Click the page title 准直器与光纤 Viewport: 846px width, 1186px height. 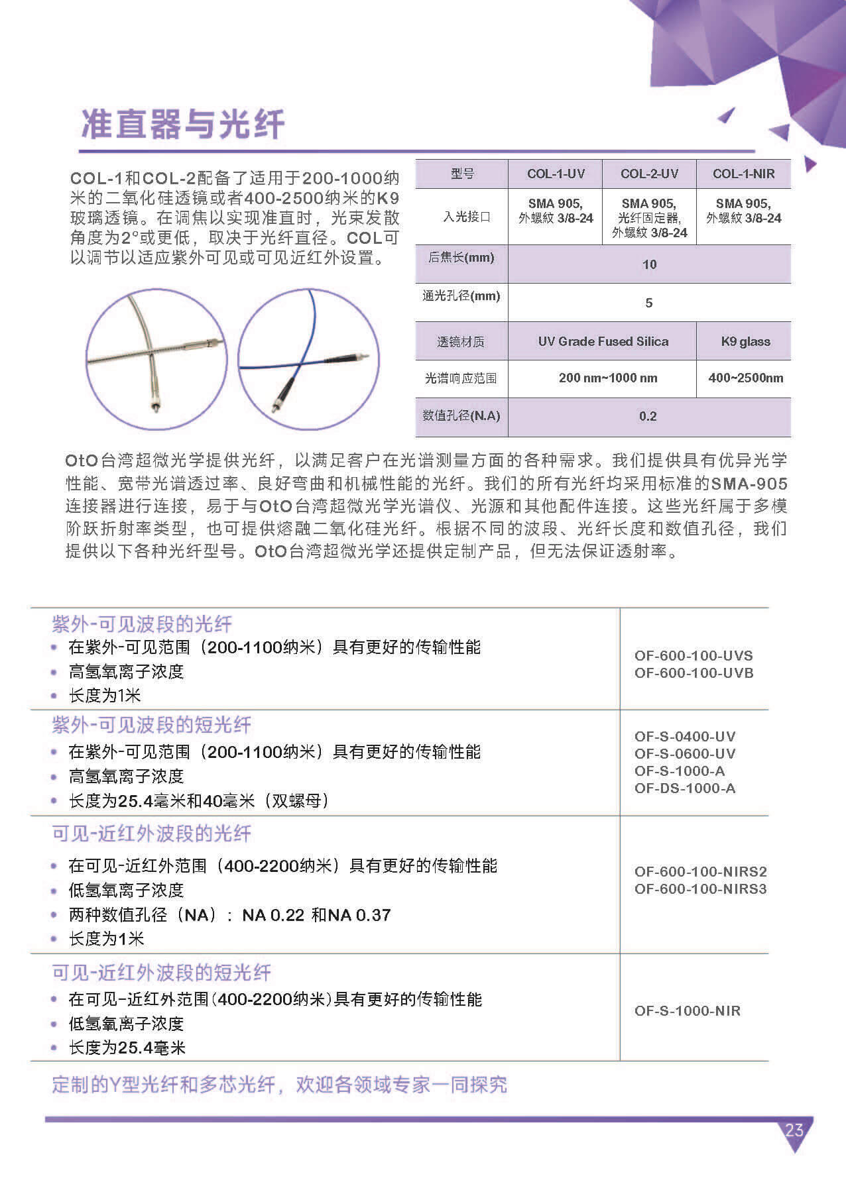click(x=183, y=124)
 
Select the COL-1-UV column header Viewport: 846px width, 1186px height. click(x=556, y=174)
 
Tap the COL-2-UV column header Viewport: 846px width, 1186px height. click(x=649, y=174)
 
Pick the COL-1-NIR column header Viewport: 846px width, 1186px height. click(x=743, y=174)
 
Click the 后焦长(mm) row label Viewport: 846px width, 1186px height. click(x=461, y=258)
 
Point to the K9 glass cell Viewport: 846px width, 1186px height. click(x=745, y=342)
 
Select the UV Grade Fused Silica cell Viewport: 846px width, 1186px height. click(x=603, y=342)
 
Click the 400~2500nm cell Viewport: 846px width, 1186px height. click(x=745, y=378)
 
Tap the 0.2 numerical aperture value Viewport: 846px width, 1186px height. click(x=648, y=416)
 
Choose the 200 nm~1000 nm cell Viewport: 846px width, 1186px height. click(x=608, y=378)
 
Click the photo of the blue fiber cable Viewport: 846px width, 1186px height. click(x=309, y=359)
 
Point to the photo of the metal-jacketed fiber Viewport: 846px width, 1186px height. click(x=156, y=359)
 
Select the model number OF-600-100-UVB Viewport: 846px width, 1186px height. click(x=694, y=673)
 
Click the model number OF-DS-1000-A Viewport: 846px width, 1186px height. click(x=685, y=788)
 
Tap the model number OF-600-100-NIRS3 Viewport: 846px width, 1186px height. click(x=700, y=889)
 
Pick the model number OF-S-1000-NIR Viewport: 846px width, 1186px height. click(x=687, y=1011)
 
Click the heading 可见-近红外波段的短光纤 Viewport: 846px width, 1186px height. click(x=162, y=973)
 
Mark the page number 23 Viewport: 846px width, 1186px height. click(x=794, y=1130)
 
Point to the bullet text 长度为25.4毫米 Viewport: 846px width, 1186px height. click(x=127, y=1048)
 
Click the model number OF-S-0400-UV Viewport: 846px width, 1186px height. click(x=685, y=737)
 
